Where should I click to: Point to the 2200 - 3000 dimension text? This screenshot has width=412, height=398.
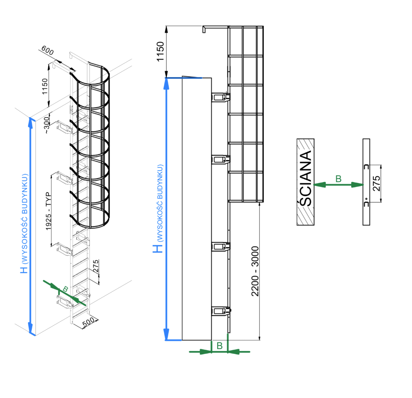255,271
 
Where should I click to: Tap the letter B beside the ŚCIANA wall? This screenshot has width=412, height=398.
338,178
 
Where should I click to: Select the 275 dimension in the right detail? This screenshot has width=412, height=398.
376,183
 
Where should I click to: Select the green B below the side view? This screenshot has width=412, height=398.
219,346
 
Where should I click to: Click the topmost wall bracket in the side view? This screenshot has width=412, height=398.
220,97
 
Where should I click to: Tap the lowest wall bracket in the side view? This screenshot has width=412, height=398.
220,311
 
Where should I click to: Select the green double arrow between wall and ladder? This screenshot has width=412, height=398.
339,185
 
